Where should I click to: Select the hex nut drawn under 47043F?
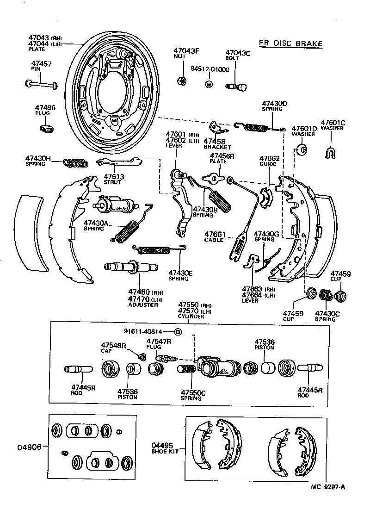click(182, 81)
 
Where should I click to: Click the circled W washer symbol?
click(209, 84)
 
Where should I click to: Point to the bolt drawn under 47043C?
click(236, 86)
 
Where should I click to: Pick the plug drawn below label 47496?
click(47, 128)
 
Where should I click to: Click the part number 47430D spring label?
click(274, 103)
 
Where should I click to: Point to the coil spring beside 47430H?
click(75, 162)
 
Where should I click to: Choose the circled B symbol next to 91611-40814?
click(178, 331)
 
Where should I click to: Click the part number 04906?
click(29, 447)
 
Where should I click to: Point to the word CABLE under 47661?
click(214, 240)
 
